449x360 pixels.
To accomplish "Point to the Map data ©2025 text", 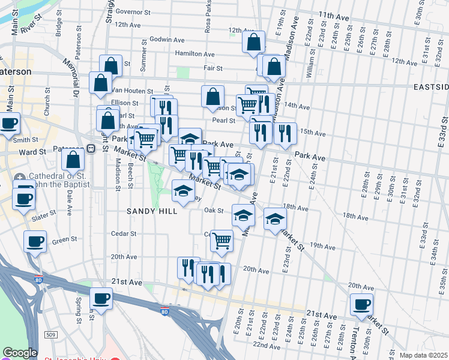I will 423,355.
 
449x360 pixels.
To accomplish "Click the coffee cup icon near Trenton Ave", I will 362,304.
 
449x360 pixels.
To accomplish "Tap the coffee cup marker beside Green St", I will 35,242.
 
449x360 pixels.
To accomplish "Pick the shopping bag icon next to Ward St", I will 72,160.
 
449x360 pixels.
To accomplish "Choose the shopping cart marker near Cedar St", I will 221,241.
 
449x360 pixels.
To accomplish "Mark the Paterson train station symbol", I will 91,149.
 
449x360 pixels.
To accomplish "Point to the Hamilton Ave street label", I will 194,54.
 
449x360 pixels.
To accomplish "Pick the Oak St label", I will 214,211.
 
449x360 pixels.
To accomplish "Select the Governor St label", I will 133,11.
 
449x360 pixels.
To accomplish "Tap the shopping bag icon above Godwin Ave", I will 253,43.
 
